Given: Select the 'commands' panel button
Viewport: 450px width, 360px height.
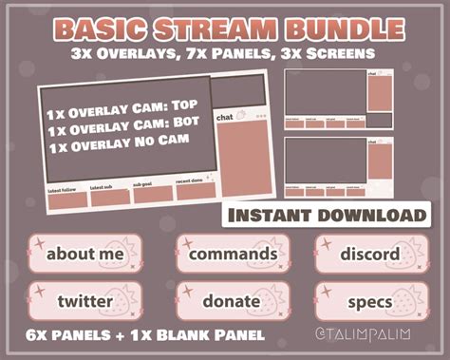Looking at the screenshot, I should click(x=233, y=255).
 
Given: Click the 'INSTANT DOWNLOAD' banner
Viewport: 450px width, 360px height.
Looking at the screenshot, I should click(x=324, y=216).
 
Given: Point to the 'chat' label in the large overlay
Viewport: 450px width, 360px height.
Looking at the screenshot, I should click(x=225, y=118).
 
